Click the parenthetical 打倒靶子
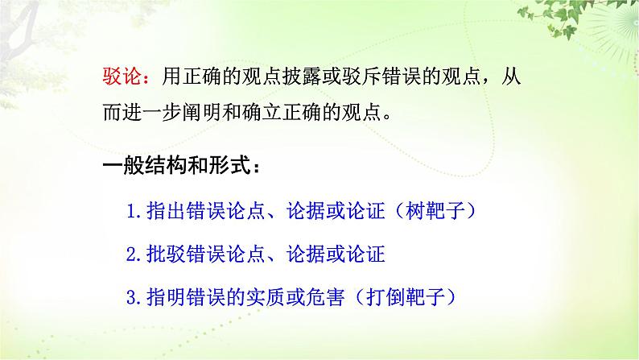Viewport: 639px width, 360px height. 414,296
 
